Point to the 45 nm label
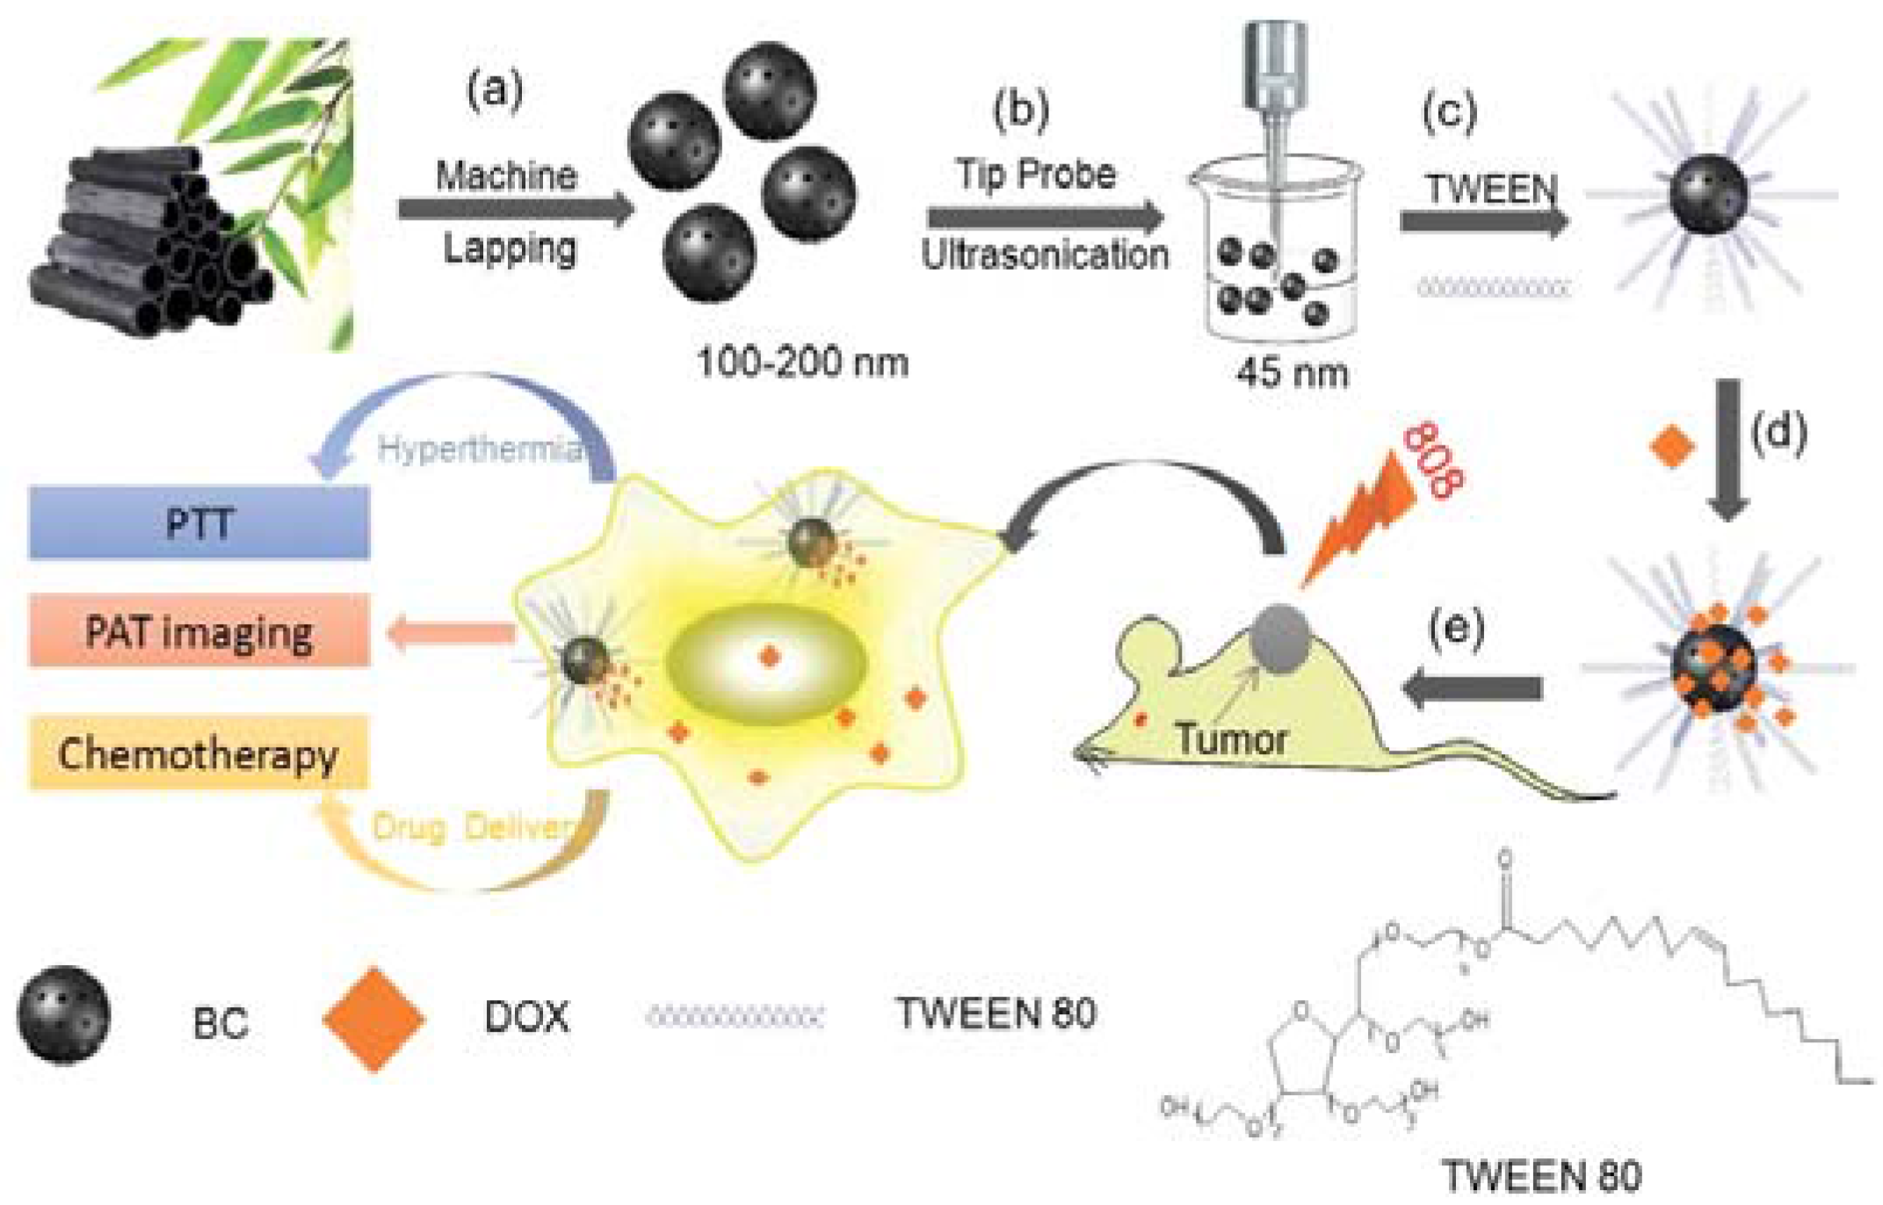pyautogui.click(x=1292, y=374)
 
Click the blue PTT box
pyautogui.click(x=199, y=523)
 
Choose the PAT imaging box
pyautogui.click(x=199, y=631)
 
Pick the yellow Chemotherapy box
pyautogui.click(x=199, y=754)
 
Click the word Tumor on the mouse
pyautogui.click(x=1232, y=738)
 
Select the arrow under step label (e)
pyautogui.click(x=1473, y=687)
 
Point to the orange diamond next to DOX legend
pyautogui.click(x=374, y=1020)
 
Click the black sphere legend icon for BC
pyautogui.click(x=64, y=1016)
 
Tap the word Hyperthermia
pyautogui.click(x=480, y=450)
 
